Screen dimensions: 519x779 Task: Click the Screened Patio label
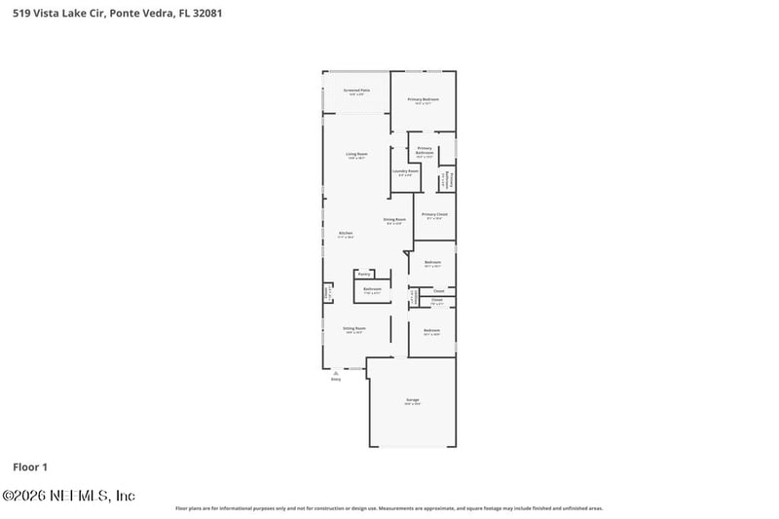[357, 91]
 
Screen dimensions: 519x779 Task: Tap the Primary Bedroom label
[423, 99]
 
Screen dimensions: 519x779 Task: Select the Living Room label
[356, 154]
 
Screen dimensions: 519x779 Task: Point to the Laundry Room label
[406, 171]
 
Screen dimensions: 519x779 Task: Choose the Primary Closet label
[434, 214]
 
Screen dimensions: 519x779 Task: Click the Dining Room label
[393, 219]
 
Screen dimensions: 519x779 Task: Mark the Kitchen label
[346, 233]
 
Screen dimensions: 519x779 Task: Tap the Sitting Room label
[353, 328]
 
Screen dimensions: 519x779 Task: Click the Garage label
[412, 399]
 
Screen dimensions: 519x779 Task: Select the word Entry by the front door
[336, 380]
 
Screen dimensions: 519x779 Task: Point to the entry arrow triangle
[336, 371]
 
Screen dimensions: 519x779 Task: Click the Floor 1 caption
[30, 467]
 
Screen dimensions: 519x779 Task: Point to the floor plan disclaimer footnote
[389, 508]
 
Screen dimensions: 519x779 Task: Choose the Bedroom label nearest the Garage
[432, 331]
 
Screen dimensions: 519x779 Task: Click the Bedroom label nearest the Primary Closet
[432, 262]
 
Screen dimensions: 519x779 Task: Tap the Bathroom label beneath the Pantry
[372, 288]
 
